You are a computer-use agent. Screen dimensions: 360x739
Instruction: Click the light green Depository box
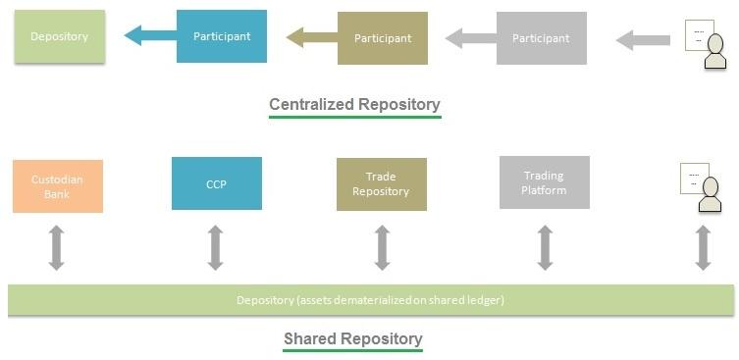click(59, 37)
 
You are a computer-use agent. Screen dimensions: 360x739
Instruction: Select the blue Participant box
click(221, 36)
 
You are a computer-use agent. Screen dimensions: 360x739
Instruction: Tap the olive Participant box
click(382, 38)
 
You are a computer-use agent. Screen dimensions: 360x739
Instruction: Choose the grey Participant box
click(541, 38)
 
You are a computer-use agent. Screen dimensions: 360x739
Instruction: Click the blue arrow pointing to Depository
click(149, 36)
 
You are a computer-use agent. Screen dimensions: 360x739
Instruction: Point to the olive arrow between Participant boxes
click(310, 38)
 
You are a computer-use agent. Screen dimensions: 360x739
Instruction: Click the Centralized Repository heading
click(354, 104)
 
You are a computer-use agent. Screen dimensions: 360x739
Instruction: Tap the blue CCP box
click(216, 183)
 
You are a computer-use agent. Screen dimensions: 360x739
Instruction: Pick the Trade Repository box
click(381, 184)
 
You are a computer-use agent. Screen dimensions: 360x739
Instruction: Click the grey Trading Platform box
click(544, 182)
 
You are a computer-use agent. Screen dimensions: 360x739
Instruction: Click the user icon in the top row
click(707, 45)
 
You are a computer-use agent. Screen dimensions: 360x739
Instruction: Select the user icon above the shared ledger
click(703, 188)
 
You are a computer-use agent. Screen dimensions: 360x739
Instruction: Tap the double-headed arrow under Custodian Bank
click(56, 247)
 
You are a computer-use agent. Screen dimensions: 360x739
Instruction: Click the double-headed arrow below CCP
click(215, 247)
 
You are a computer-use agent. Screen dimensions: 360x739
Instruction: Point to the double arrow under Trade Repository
click(382, 247)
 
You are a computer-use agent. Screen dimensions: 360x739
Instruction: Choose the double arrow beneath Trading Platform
click(544, 247)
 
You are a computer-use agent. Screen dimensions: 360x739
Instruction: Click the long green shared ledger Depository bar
click(370, 299)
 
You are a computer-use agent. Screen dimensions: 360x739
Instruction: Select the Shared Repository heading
click(352, 339)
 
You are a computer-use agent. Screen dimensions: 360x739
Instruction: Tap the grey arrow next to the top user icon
click(643, 40)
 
